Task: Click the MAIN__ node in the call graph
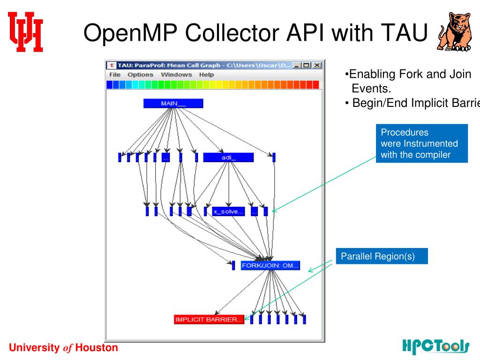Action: coord(173,104)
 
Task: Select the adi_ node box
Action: coord(228,157)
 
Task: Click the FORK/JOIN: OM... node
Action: coord(270,266)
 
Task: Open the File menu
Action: coord(115,75)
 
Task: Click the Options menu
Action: coord(141,75)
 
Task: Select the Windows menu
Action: coord(176,75)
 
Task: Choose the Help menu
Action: coord(206,75)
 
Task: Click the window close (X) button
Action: coord(317,65)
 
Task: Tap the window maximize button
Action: coord(307,65)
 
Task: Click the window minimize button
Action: coord(297,65)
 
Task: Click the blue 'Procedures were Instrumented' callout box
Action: coord(422,143)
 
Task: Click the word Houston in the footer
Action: coord(97,348)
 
